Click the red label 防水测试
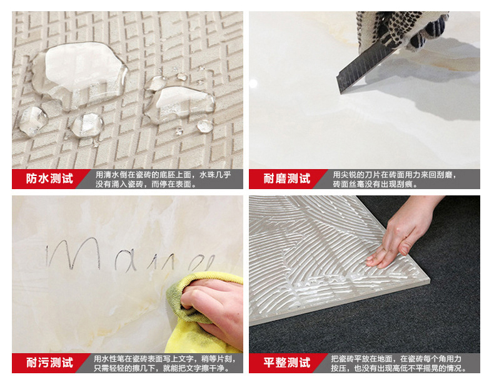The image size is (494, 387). coord(49,179)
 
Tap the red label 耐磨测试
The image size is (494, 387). coord(286,179)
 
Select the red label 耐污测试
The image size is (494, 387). coord(49,363)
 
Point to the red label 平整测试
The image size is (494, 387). coord(286,363)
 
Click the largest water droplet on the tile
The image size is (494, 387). coord(78,70)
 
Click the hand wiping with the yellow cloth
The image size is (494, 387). coord(213,307)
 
